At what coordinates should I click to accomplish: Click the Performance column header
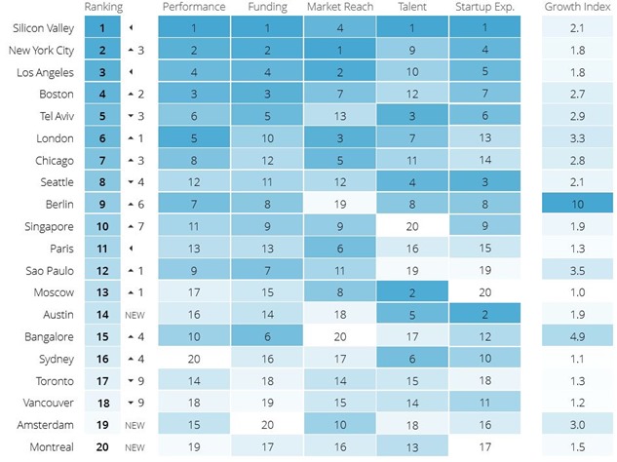pyautogui.click(x=194, y=8)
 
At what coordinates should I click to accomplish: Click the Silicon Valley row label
pyautogui.click(x=41, y=29)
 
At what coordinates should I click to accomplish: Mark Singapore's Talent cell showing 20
pyautogui.click(x=413, y=227)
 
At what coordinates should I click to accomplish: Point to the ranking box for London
pyautogui.click(x=102, y=139)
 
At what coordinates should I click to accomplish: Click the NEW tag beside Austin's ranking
pyautogui.click(x=135, y=315)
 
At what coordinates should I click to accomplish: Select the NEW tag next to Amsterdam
pyautogui.click(x=135, y=425)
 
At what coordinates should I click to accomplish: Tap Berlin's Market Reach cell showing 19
pyautogui.click(x=340, y=205)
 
